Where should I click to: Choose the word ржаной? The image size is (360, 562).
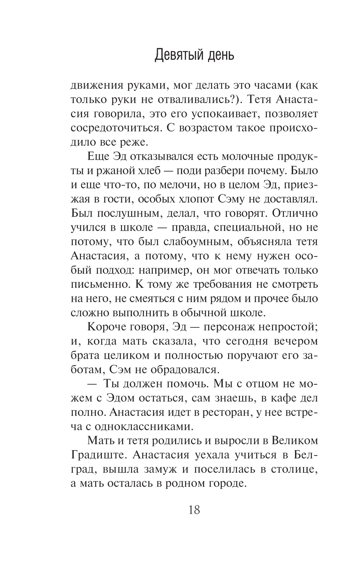107,171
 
